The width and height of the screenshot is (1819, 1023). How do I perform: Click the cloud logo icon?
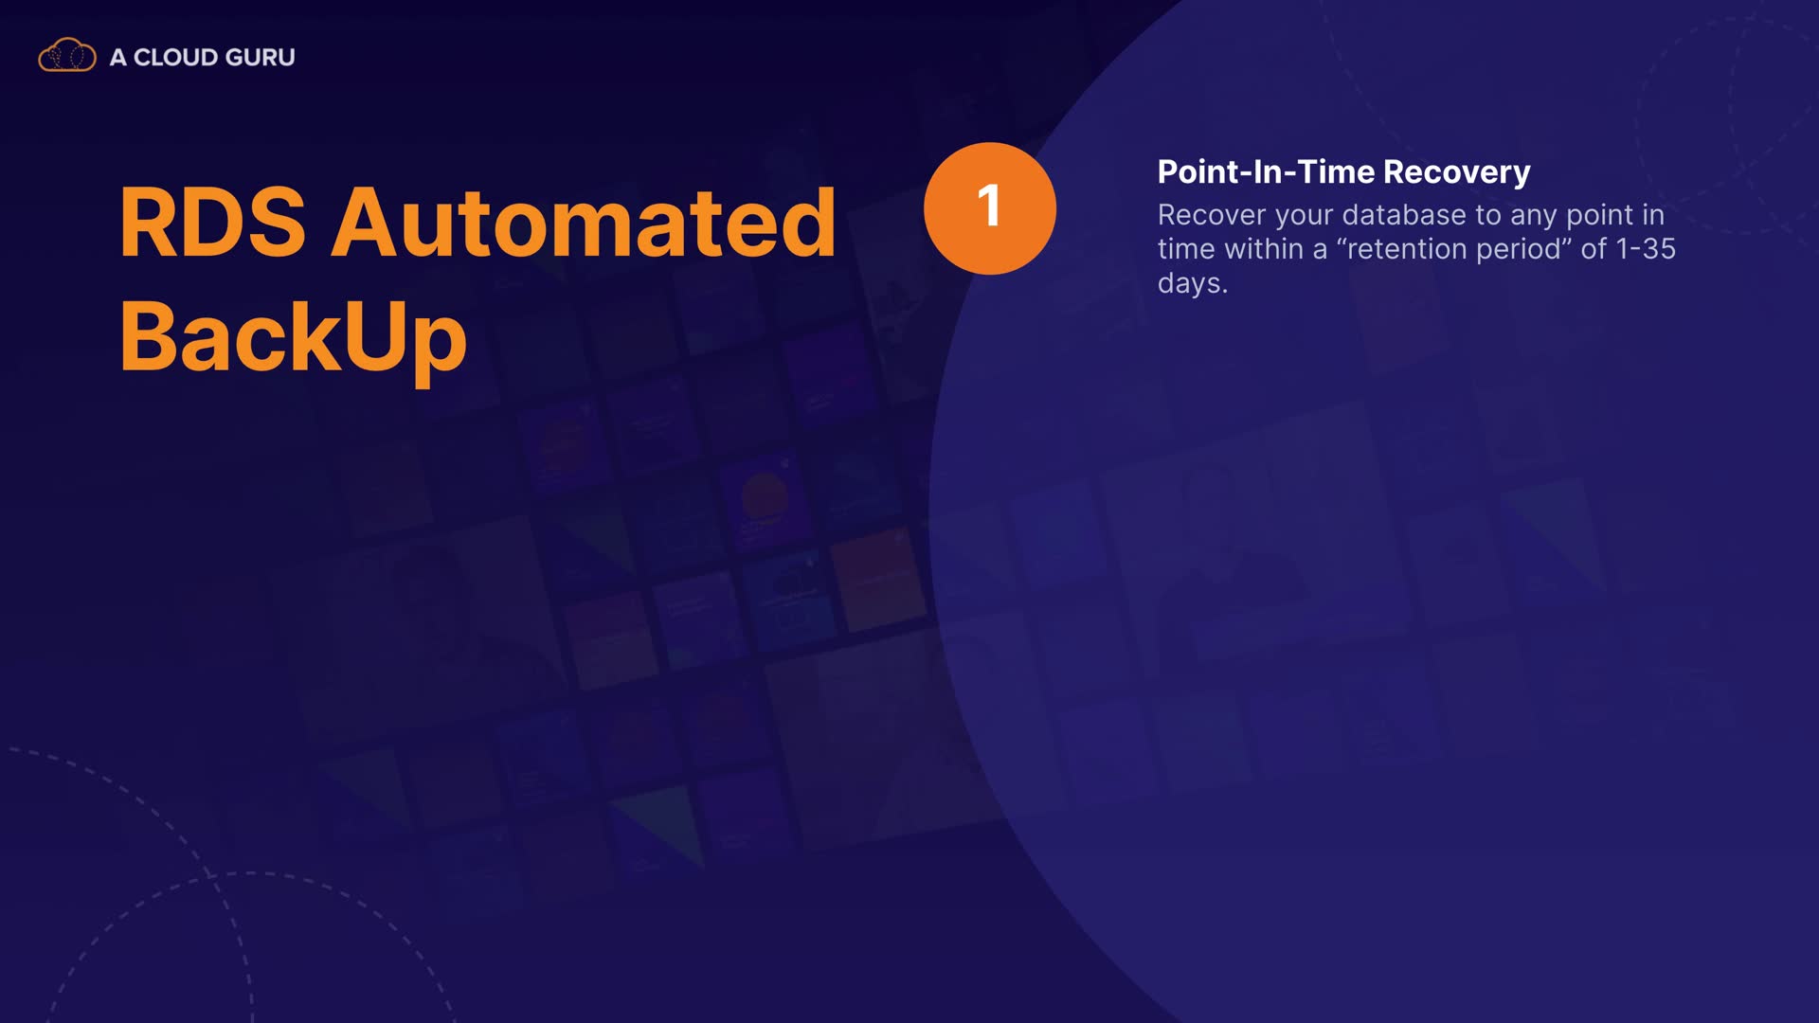tap(67, 56)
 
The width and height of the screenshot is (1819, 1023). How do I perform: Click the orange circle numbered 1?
tap(990, 208)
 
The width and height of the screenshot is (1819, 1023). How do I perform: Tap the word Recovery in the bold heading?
tap(1457, 172)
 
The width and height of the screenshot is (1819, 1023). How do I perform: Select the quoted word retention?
tap(1404, 249)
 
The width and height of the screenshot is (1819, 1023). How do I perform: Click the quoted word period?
tap(1525, 250)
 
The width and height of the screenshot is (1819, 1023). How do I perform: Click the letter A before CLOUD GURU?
tap(118, 57)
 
